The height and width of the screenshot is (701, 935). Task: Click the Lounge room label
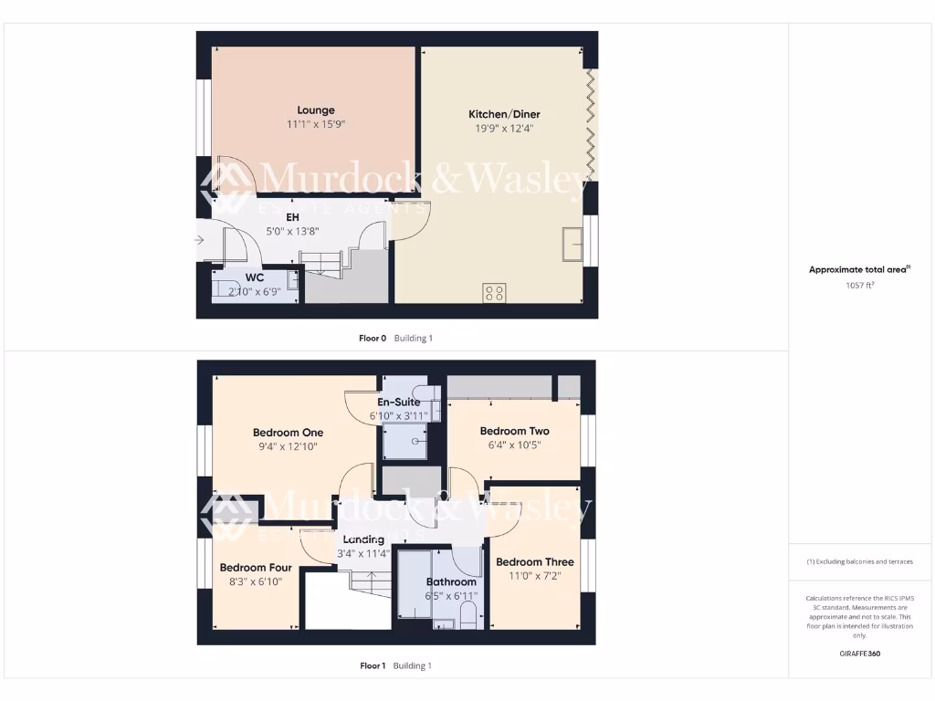point(315,110)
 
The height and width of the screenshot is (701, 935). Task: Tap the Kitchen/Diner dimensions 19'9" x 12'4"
point(504,129)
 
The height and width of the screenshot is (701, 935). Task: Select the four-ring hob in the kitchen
point(495,293)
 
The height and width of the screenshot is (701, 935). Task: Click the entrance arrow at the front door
point(199,241)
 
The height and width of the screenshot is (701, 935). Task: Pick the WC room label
point(254,277)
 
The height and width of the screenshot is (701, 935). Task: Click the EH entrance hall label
point(292,217)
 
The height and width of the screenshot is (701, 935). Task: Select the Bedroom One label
point(288,433)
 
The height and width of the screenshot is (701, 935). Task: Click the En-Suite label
point(398,402)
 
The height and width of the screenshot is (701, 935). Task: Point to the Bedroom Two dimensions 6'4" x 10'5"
point(514,445)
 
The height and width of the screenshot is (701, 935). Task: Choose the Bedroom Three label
point(534,562)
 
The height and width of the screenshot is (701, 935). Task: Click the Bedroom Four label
point(256,568)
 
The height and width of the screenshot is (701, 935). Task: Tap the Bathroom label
point(451,581)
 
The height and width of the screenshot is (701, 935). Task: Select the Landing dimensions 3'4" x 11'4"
point(362,552)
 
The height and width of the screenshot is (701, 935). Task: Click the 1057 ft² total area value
point(859,285)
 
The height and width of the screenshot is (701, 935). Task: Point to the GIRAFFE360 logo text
point(859,654)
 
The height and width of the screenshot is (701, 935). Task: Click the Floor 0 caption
point(373,338)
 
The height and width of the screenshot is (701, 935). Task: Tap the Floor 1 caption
point(373,665)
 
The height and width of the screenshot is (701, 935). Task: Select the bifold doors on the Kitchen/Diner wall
point(592,123)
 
